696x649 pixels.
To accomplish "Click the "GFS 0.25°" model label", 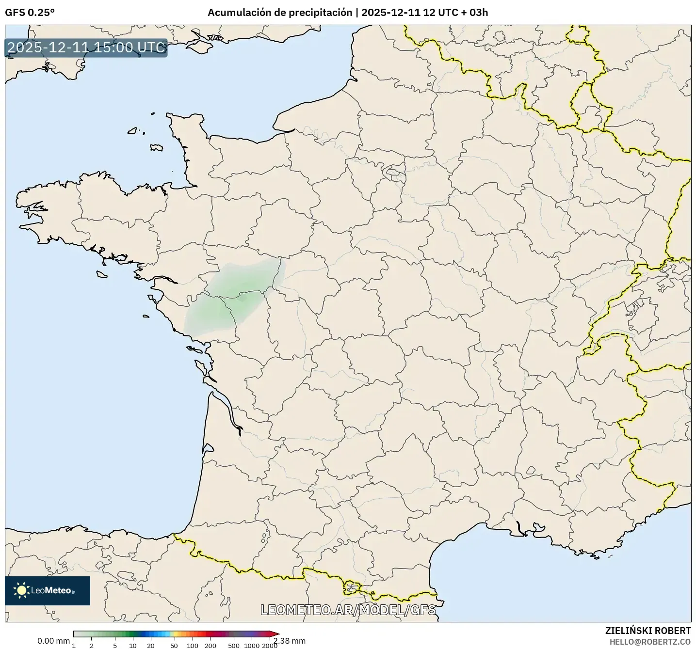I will point(30,13).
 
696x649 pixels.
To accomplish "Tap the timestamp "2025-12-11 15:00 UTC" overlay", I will point(86,48).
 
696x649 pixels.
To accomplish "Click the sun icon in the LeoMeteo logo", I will point(21,590).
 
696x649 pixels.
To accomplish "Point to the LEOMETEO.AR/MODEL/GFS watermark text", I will point(348,610).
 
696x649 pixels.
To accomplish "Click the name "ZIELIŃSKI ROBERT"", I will point(648,631).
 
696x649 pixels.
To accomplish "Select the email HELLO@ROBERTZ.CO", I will point(650,641).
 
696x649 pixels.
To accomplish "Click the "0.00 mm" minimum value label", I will point(53,641).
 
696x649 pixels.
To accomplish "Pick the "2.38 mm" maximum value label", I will point(290,641).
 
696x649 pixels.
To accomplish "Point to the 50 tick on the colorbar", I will point(174,645).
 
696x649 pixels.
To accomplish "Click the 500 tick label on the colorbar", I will point(234,645).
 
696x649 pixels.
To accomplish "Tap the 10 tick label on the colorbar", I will point(133,645).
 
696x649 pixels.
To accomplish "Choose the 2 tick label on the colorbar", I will point(91,645).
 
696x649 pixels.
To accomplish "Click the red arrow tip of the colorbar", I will point(276,633).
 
